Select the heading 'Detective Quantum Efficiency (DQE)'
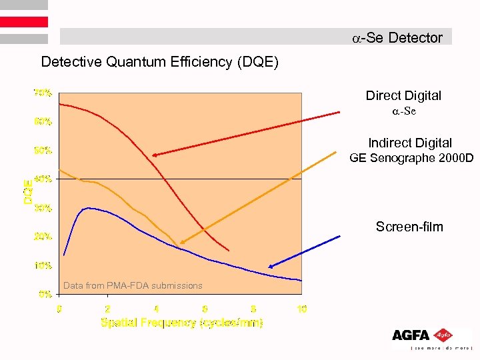[x=160, y=63]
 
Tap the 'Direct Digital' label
[x=403, y=95]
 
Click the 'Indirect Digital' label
[x=409, y=143]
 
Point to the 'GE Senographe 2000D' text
[x=411, y=158]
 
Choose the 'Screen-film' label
[x=409, y=227]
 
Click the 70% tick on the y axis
[x=43, y=93]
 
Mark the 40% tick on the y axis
[x=43, y=179]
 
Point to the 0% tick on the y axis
[x=45, y=293]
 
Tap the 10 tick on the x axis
[x=301, y=309]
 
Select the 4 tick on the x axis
[x=156, y=309]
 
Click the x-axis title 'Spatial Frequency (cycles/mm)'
[x=181, y=323]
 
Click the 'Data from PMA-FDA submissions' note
[x=133, y=285]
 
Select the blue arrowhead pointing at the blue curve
[x=271, y=265]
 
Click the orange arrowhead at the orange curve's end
[x=182, y=242]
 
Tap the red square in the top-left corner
[x=24, y=21]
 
